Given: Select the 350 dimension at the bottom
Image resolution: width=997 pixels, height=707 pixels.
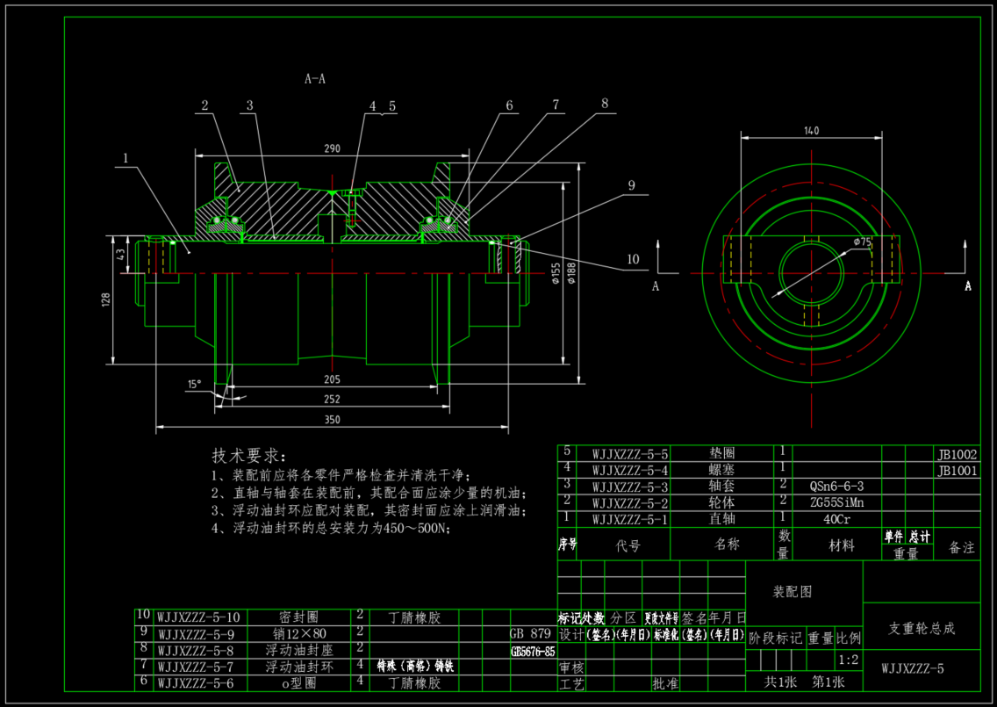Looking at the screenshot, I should point(332,421).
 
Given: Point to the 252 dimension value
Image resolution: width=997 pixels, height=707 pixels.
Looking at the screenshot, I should point(332,400).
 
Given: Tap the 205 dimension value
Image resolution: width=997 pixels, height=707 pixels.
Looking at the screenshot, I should point(332,379).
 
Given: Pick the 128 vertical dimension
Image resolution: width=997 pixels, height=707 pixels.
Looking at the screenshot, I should point(106,299).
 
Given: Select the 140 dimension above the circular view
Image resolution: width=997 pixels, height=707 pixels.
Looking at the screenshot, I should point(811,130).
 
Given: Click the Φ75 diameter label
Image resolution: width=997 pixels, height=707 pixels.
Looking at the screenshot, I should point(861,242).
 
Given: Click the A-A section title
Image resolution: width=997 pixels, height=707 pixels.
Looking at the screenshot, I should point(315,79).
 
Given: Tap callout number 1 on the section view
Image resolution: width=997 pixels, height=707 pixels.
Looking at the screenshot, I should point(126,160).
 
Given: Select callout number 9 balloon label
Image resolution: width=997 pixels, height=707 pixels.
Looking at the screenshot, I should point(630,185).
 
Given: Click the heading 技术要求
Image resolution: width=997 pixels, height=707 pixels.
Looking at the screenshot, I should point(248,456).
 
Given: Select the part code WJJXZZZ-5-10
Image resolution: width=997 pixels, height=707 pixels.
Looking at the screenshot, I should point(199,617).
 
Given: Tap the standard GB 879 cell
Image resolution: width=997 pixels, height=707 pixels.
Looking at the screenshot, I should point(530,633).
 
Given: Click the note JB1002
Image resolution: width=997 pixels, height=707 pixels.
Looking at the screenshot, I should point(957,455).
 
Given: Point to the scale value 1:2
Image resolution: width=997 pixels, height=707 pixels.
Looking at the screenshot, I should point(849,660).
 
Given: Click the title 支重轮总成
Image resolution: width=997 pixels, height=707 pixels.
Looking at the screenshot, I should point(922,629).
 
